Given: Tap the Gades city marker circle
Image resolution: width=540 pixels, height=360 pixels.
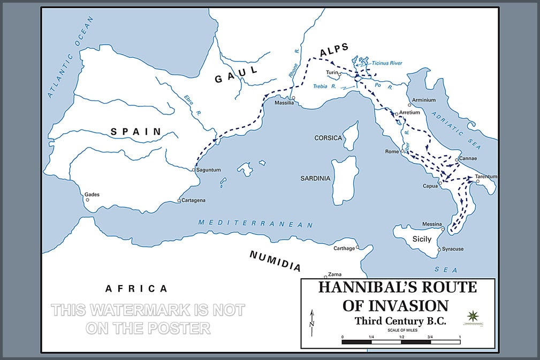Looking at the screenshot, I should [x=86, y=201].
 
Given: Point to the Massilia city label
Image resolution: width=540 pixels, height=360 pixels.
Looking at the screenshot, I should [x=285, y=103].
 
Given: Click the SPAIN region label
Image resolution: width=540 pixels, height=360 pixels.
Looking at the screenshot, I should [x=136, y=131].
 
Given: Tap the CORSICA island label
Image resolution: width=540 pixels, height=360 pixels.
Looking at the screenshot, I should [x=328, y=138].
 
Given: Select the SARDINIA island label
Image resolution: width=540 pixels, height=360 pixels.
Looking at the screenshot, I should [x=315, y=178].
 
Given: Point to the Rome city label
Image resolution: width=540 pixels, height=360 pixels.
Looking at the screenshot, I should [x=392, y=152].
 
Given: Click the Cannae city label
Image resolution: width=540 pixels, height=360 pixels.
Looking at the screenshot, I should [x=468, y=159].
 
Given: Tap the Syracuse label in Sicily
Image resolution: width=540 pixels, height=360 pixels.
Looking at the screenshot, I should [x=453, y=249].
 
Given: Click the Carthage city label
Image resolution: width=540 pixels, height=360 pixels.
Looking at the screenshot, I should [x=344, y=248].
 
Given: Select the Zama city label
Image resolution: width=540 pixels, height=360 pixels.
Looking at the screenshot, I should [x=334, y=273].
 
